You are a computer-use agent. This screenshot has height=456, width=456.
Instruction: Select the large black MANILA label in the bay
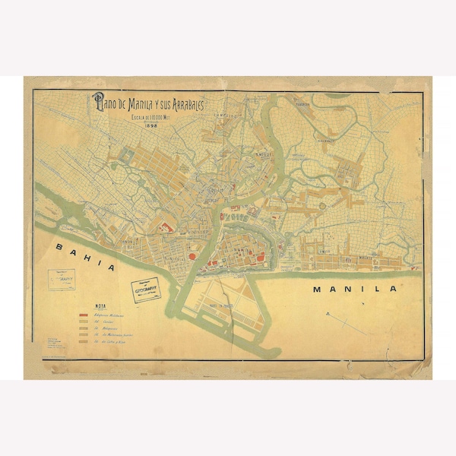tap(356, 290)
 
